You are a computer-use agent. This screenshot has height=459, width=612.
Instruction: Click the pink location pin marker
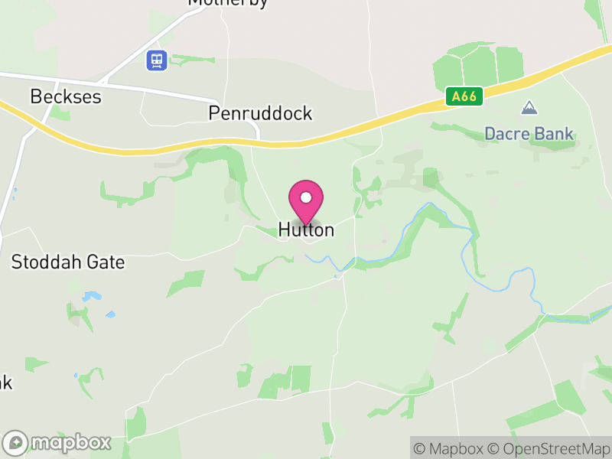(x=306, y=201)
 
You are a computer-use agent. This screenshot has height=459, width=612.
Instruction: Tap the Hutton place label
(x=306, y=229)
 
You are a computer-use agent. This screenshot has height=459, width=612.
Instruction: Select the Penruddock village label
(x=260, y=114)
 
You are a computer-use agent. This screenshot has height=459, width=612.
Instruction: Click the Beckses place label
(x=66, y=97)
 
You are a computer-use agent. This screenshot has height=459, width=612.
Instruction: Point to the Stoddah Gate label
(x=67, y=262)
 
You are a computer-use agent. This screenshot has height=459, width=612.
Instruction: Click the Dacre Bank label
(x=529, y=135)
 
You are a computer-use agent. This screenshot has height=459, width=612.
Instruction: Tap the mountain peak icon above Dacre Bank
(x=529, y=108)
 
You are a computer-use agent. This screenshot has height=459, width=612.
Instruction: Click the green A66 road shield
(x=464, y=96)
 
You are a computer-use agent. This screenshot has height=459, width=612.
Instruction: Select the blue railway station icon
(x=157, y=59)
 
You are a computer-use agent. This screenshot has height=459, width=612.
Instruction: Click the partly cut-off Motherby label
(x=228, y=3)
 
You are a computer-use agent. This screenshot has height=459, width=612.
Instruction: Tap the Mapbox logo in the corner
(x=58, y=442)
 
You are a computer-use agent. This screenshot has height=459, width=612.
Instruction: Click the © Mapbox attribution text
(x=451, y=448)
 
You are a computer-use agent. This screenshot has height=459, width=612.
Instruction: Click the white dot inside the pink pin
(x=306, y=197)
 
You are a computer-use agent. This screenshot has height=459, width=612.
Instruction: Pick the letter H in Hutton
(x=285, y=229)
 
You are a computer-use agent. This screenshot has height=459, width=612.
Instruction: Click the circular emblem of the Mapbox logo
(x=17, y=442)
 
